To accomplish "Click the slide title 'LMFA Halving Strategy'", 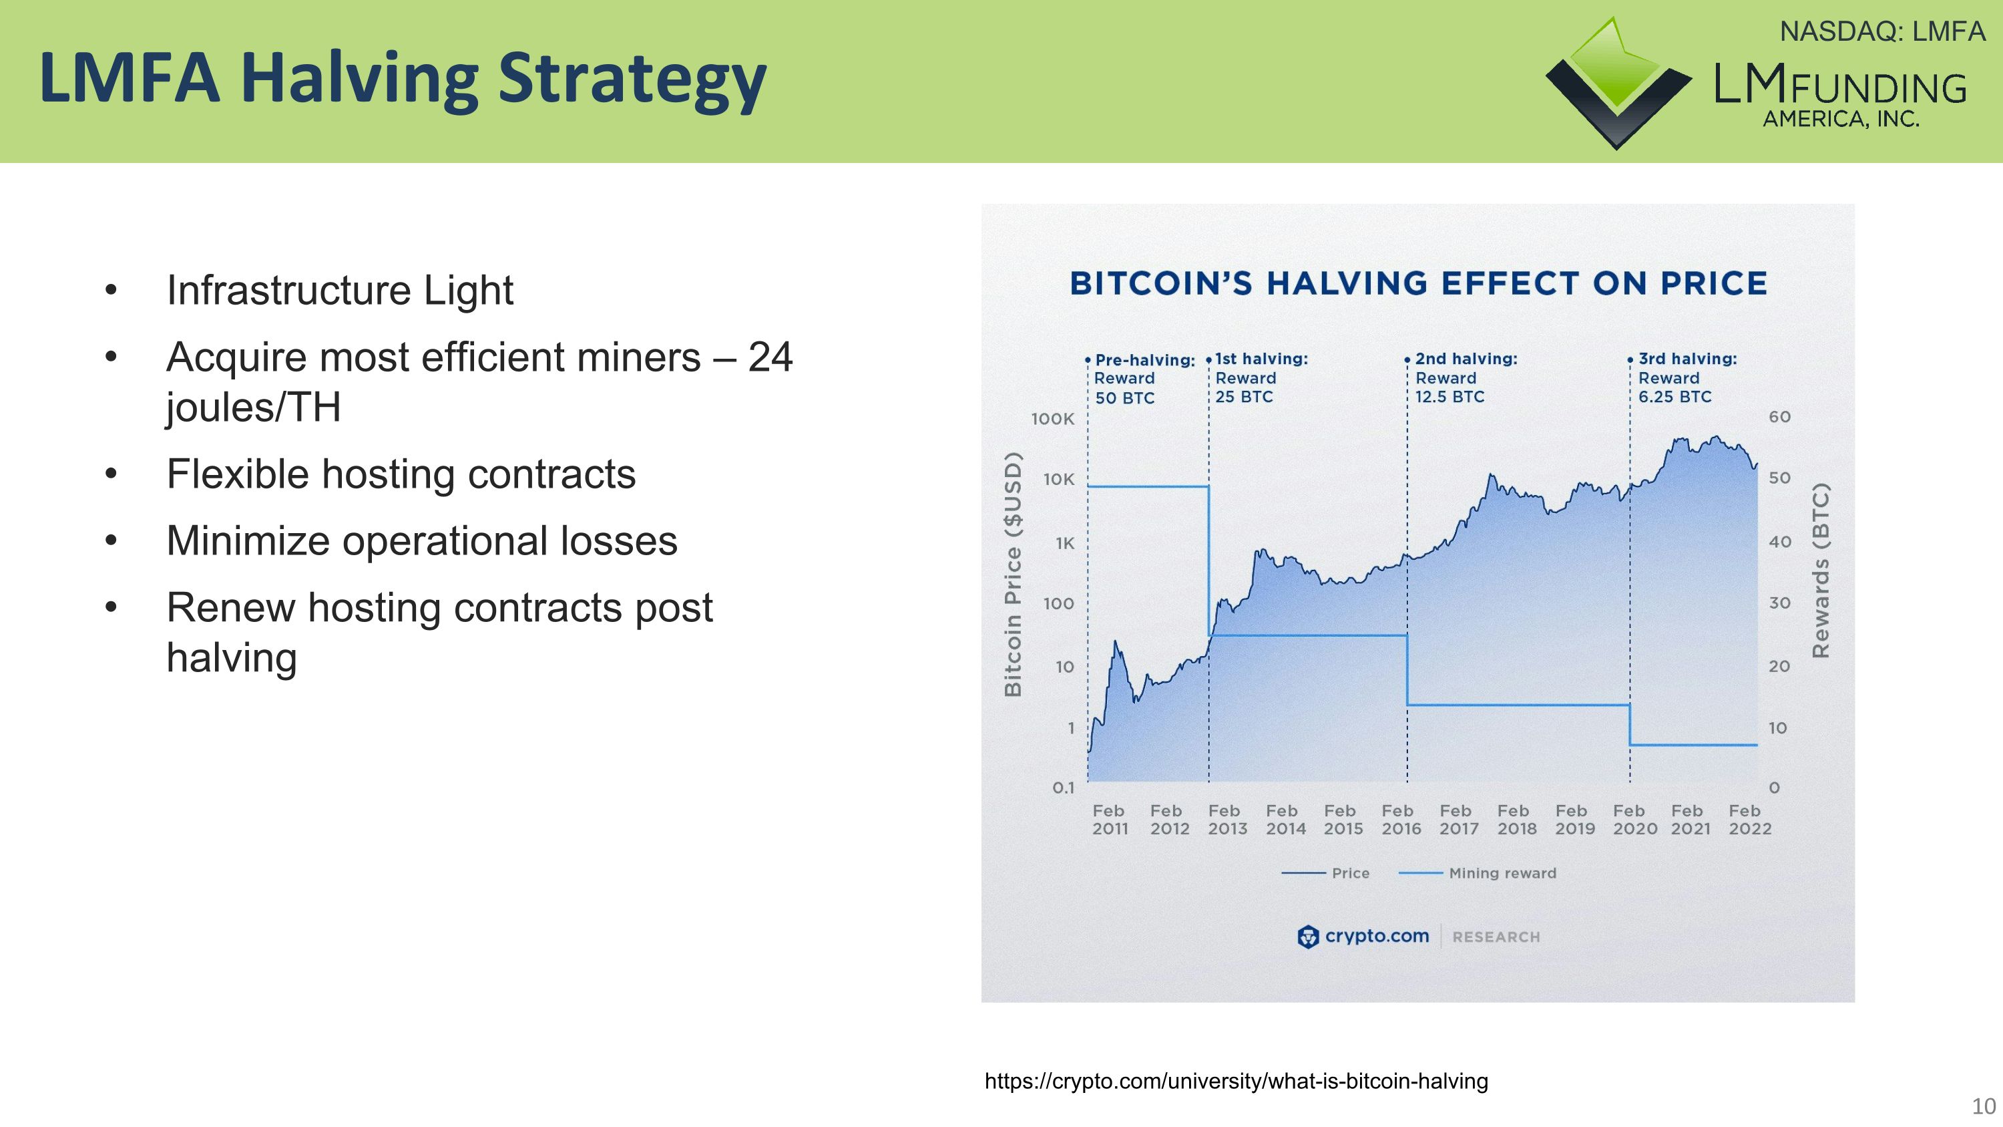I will (x=403, y=77).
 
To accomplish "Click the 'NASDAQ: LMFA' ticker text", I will (x=1881, y=32).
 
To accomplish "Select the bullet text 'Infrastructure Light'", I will (x=340, y=290).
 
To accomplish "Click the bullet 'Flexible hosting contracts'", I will (x=401, y=474).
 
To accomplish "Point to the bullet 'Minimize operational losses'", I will (x=421, y=540).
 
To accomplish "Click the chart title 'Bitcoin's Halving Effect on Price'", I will (x=1418, y=284).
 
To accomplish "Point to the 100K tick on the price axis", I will (x=1052, y=420).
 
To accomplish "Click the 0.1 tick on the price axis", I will (x=1063, y=788).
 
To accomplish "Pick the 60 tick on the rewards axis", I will (x=1779, y=417).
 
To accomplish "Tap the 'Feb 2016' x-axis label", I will (x=1400, y=820).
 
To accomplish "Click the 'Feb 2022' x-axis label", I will (x=1749, y=820).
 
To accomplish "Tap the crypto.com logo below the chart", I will (x=1363, y=937).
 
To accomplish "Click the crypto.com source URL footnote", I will (x=1236, y=1081).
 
